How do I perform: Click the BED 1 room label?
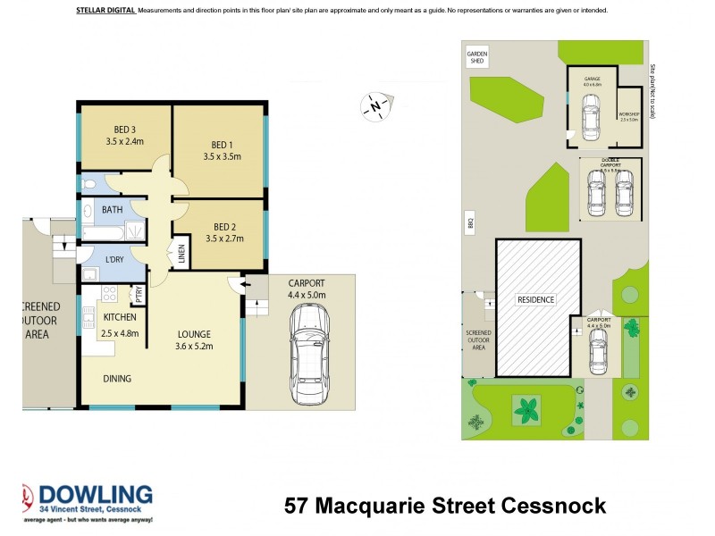222,145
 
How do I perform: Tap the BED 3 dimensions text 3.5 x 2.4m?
124,140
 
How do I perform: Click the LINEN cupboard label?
181,255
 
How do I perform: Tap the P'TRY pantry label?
139,294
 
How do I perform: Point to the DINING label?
116,379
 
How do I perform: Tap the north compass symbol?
374,107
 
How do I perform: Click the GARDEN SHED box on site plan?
477,58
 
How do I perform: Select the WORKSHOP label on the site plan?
628,115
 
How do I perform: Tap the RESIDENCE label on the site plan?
535,299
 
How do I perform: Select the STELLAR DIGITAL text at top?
100,11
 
